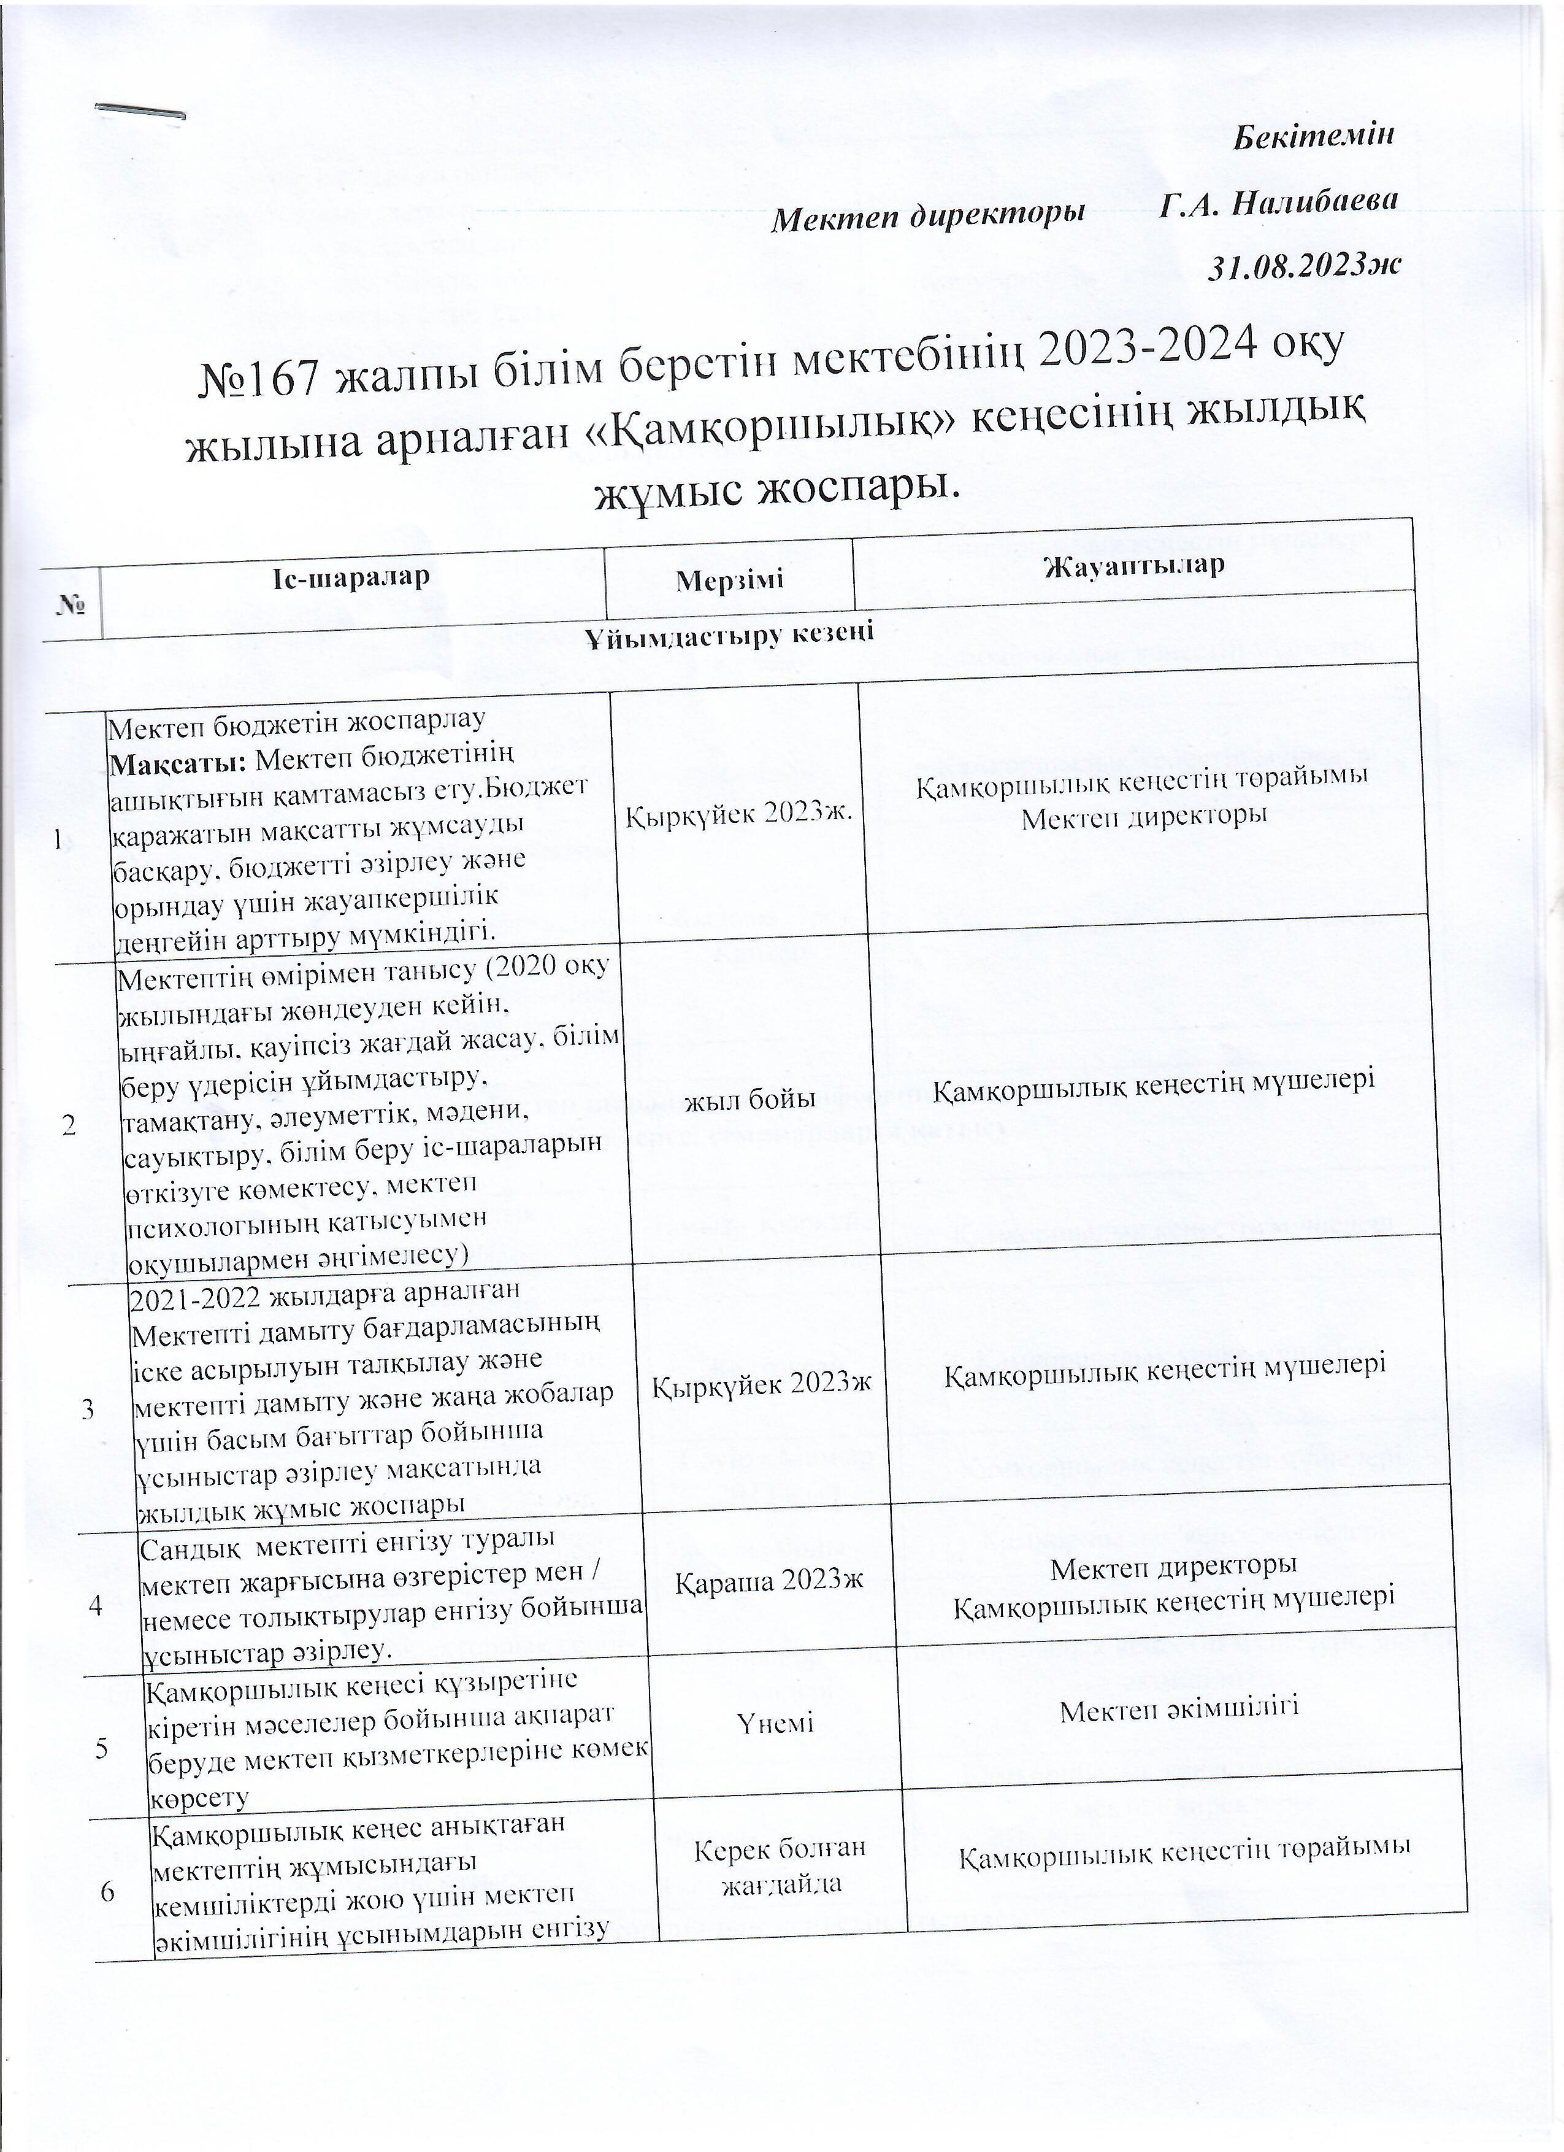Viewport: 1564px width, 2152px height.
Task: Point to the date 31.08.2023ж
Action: point(1303,266)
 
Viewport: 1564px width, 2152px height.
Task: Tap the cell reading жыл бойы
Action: point(755,1100)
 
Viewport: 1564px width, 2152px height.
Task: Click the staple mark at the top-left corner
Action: point(140,111)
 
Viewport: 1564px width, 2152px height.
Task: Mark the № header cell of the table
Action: point(68,603)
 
